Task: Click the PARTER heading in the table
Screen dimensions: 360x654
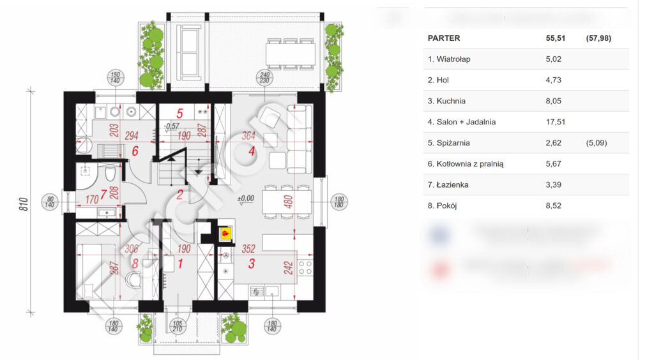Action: [443, 38]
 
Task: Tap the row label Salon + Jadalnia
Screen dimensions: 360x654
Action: [462, 122]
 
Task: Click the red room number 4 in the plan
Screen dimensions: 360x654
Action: [252, 152]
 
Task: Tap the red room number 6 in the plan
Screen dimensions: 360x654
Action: [135, 151]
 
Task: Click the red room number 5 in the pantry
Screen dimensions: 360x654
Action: [180, 114]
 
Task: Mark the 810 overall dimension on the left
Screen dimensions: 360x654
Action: [23, 204]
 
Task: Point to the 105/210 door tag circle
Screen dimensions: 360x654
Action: [179, 327]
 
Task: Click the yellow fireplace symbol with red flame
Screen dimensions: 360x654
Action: [225, 234]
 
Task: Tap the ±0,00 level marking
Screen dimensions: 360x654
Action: [246, 198]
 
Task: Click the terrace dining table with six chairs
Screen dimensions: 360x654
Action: [290, 53]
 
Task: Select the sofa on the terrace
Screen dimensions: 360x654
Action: [189, 49]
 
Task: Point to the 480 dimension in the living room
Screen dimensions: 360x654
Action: [287, 202]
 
